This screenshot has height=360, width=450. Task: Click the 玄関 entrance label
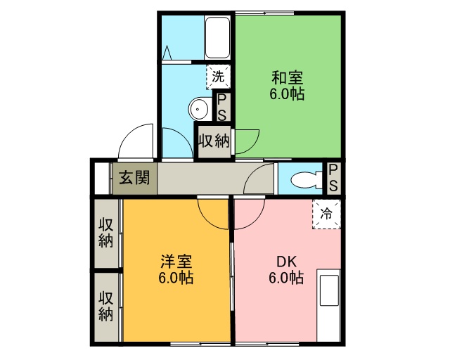pos(134,177)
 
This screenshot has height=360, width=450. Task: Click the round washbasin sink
pos(199,109)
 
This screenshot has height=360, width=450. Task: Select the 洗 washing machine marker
pos(218,77)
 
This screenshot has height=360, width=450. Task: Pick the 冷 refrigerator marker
pos(326,214)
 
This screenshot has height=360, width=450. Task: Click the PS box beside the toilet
pos(334,178)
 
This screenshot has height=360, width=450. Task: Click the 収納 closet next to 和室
pos(212,141)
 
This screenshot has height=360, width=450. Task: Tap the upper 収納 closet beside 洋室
pos(106,233)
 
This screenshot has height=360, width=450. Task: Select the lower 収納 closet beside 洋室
pos(106,306)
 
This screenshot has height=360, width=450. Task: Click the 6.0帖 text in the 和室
pos(287,94)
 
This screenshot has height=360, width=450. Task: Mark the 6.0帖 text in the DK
pos(285,278)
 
